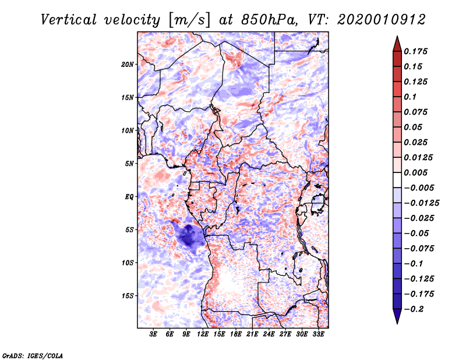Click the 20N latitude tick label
pos(128,64)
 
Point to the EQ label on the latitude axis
pos(129,197)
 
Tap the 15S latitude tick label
pos(128,296)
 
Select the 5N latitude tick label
pos(130,164)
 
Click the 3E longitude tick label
pos(154,334)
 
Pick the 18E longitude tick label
pos(236,334)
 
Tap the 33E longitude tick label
pos(319,334)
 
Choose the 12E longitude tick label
pos(203,334)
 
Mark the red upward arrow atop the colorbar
pos(396,43)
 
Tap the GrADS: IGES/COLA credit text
pos(32,355)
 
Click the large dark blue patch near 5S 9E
pos(189,237)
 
